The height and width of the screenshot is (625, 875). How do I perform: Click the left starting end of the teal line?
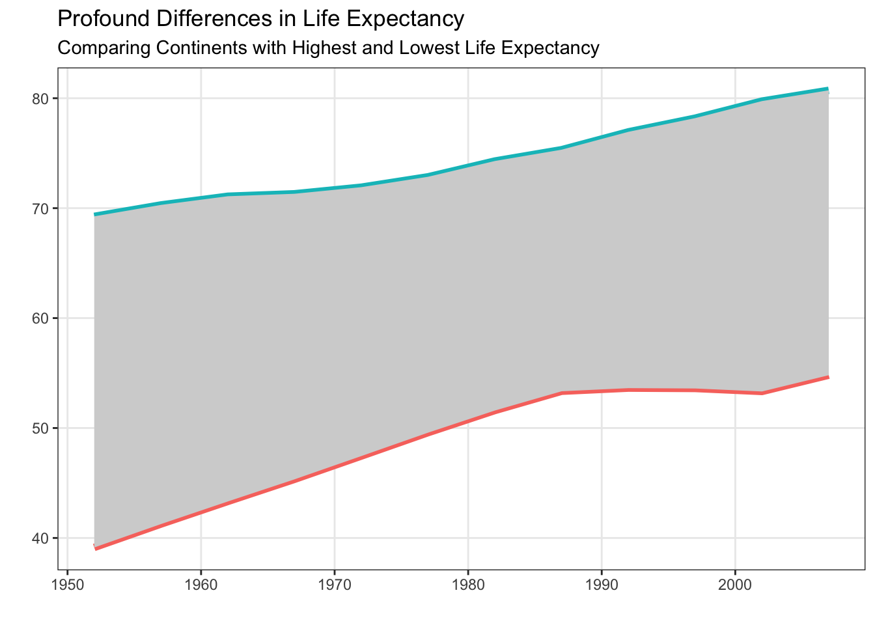click(x=95, y=214)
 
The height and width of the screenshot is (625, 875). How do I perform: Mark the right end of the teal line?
click(x=827, y=89)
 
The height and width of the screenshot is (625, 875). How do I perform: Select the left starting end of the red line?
click(x=96, y=549)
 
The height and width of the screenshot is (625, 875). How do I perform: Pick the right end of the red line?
click(x=827, y=377)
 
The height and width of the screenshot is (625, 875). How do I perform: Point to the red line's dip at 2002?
click(x=761, y=393)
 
